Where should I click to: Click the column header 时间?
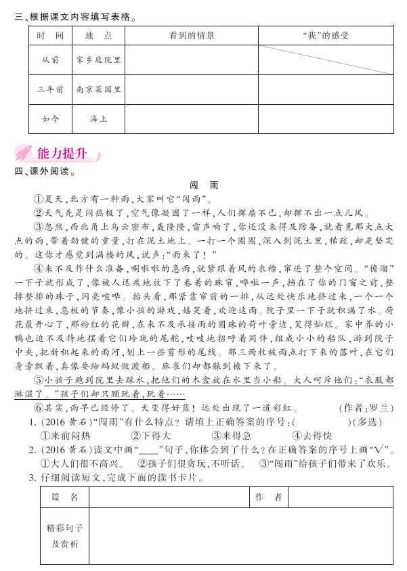[50, 35]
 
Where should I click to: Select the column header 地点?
[99, 35]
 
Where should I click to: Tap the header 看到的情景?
[191, 35]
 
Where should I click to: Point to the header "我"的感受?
[326, 35]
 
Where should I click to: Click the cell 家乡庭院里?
[99, 60]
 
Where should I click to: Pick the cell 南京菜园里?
[99, 89]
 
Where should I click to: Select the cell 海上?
[99, 118]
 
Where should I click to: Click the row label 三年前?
[50, 89]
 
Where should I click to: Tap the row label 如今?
[50, 118]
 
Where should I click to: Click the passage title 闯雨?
[203, 185]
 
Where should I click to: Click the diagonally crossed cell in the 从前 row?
[326, 60]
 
